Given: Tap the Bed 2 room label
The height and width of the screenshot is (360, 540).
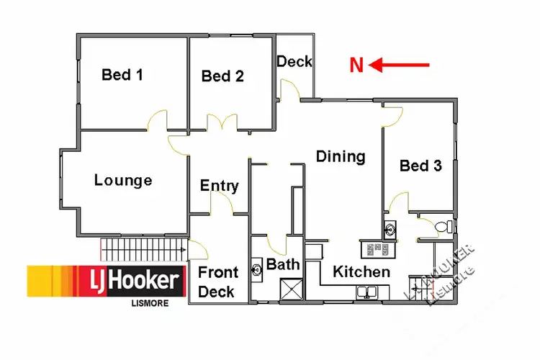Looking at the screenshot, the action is (222, 76).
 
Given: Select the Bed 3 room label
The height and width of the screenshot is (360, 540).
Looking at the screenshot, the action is (420, 166).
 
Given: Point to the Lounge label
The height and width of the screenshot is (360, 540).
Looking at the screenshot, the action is (123, 180).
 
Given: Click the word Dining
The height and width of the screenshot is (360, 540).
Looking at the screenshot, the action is (341, 156).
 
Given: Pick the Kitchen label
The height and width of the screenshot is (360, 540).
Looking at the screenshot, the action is (361, 271).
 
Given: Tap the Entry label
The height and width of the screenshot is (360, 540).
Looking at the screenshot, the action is (219, 186).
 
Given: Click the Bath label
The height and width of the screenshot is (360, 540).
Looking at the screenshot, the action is (283, 264).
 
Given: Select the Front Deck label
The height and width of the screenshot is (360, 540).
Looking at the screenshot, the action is (217, 282).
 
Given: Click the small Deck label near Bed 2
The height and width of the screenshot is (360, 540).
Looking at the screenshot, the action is (294, 61).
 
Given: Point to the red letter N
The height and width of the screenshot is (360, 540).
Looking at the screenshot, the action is (356, 66).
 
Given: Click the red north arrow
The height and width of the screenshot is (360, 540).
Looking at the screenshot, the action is (400, 66).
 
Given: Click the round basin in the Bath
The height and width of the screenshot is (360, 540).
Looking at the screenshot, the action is (258, 271).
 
